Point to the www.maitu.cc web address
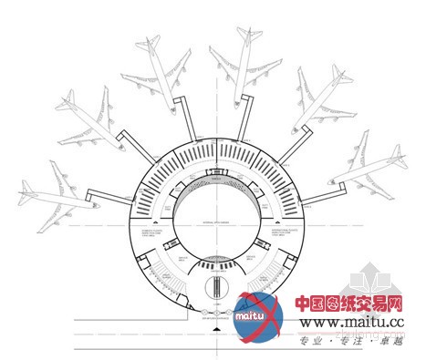pos(353,323)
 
